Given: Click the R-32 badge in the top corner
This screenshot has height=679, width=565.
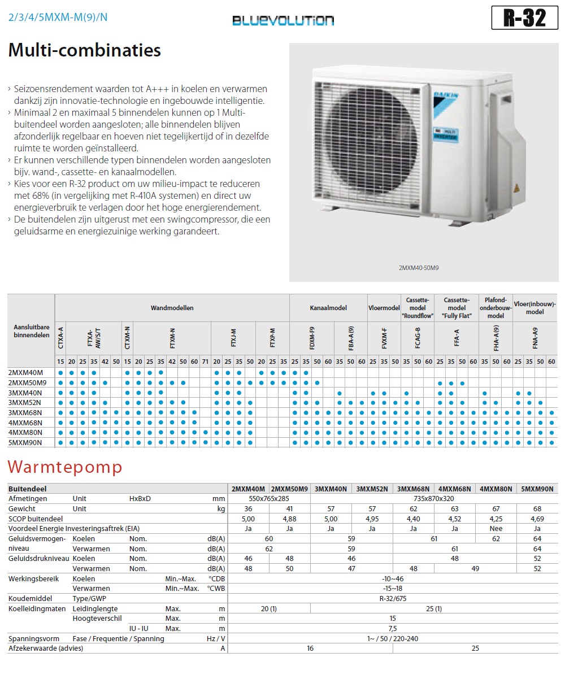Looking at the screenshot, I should click(525, 18).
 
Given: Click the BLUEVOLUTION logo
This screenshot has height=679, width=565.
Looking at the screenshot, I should click(283, 21).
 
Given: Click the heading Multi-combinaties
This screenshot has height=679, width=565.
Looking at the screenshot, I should click(85, 50).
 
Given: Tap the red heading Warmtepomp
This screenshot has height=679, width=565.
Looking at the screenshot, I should click(64, 468).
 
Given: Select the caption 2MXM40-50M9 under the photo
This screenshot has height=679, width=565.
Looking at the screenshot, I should click(419, 268).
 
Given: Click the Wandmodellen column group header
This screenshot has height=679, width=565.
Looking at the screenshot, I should click(172, 308).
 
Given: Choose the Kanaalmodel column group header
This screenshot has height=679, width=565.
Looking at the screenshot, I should click(328, 308).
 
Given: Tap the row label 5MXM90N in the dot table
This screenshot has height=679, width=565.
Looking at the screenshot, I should click(25, 442).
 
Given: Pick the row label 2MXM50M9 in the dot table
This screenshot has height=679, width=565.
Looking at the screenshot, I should click(28, 382).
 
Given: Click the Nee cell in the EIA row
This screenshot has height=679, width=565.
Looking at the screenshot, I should click(496, 529).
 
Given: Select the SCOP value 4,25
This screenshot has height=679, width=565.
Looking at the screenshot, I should click(496, 519).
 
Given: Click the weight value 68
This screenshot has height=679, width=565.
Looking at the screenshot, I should click(537, 509).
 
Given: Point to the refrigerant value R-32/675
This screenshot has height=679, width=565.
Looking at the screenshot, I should click(393, 598).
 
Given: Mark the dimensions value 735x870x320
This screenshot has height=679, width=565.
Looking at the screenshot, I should click(434, 499).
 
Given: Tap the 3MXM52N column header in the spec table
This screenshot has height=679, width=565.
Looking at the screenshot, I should click(372, 489).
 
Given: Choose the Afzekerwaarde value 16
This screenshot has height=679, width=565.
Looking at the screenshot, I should click(310, 648).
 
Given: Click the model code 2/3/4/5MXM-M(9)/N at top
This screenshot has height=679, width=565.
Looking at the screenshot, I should click(58, 17).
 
